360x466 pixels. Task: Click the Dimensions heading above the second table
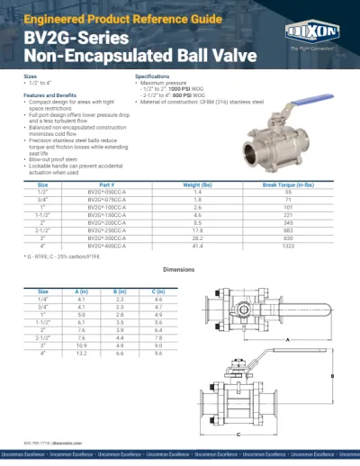point(179,270)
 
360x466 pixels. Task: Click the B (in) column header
point(121,291)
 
